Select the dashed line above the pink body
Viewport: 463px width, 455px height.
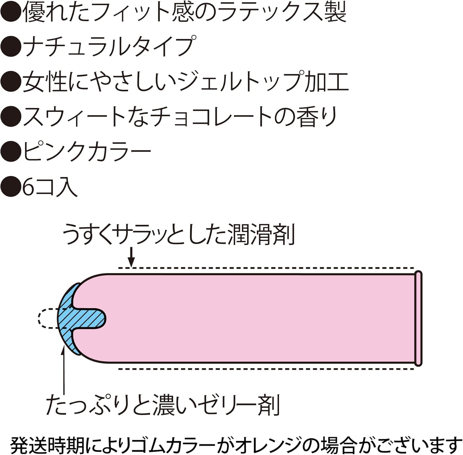click(265, 268)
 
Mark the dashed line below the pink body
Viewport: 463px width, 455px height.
click(265, 368)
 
